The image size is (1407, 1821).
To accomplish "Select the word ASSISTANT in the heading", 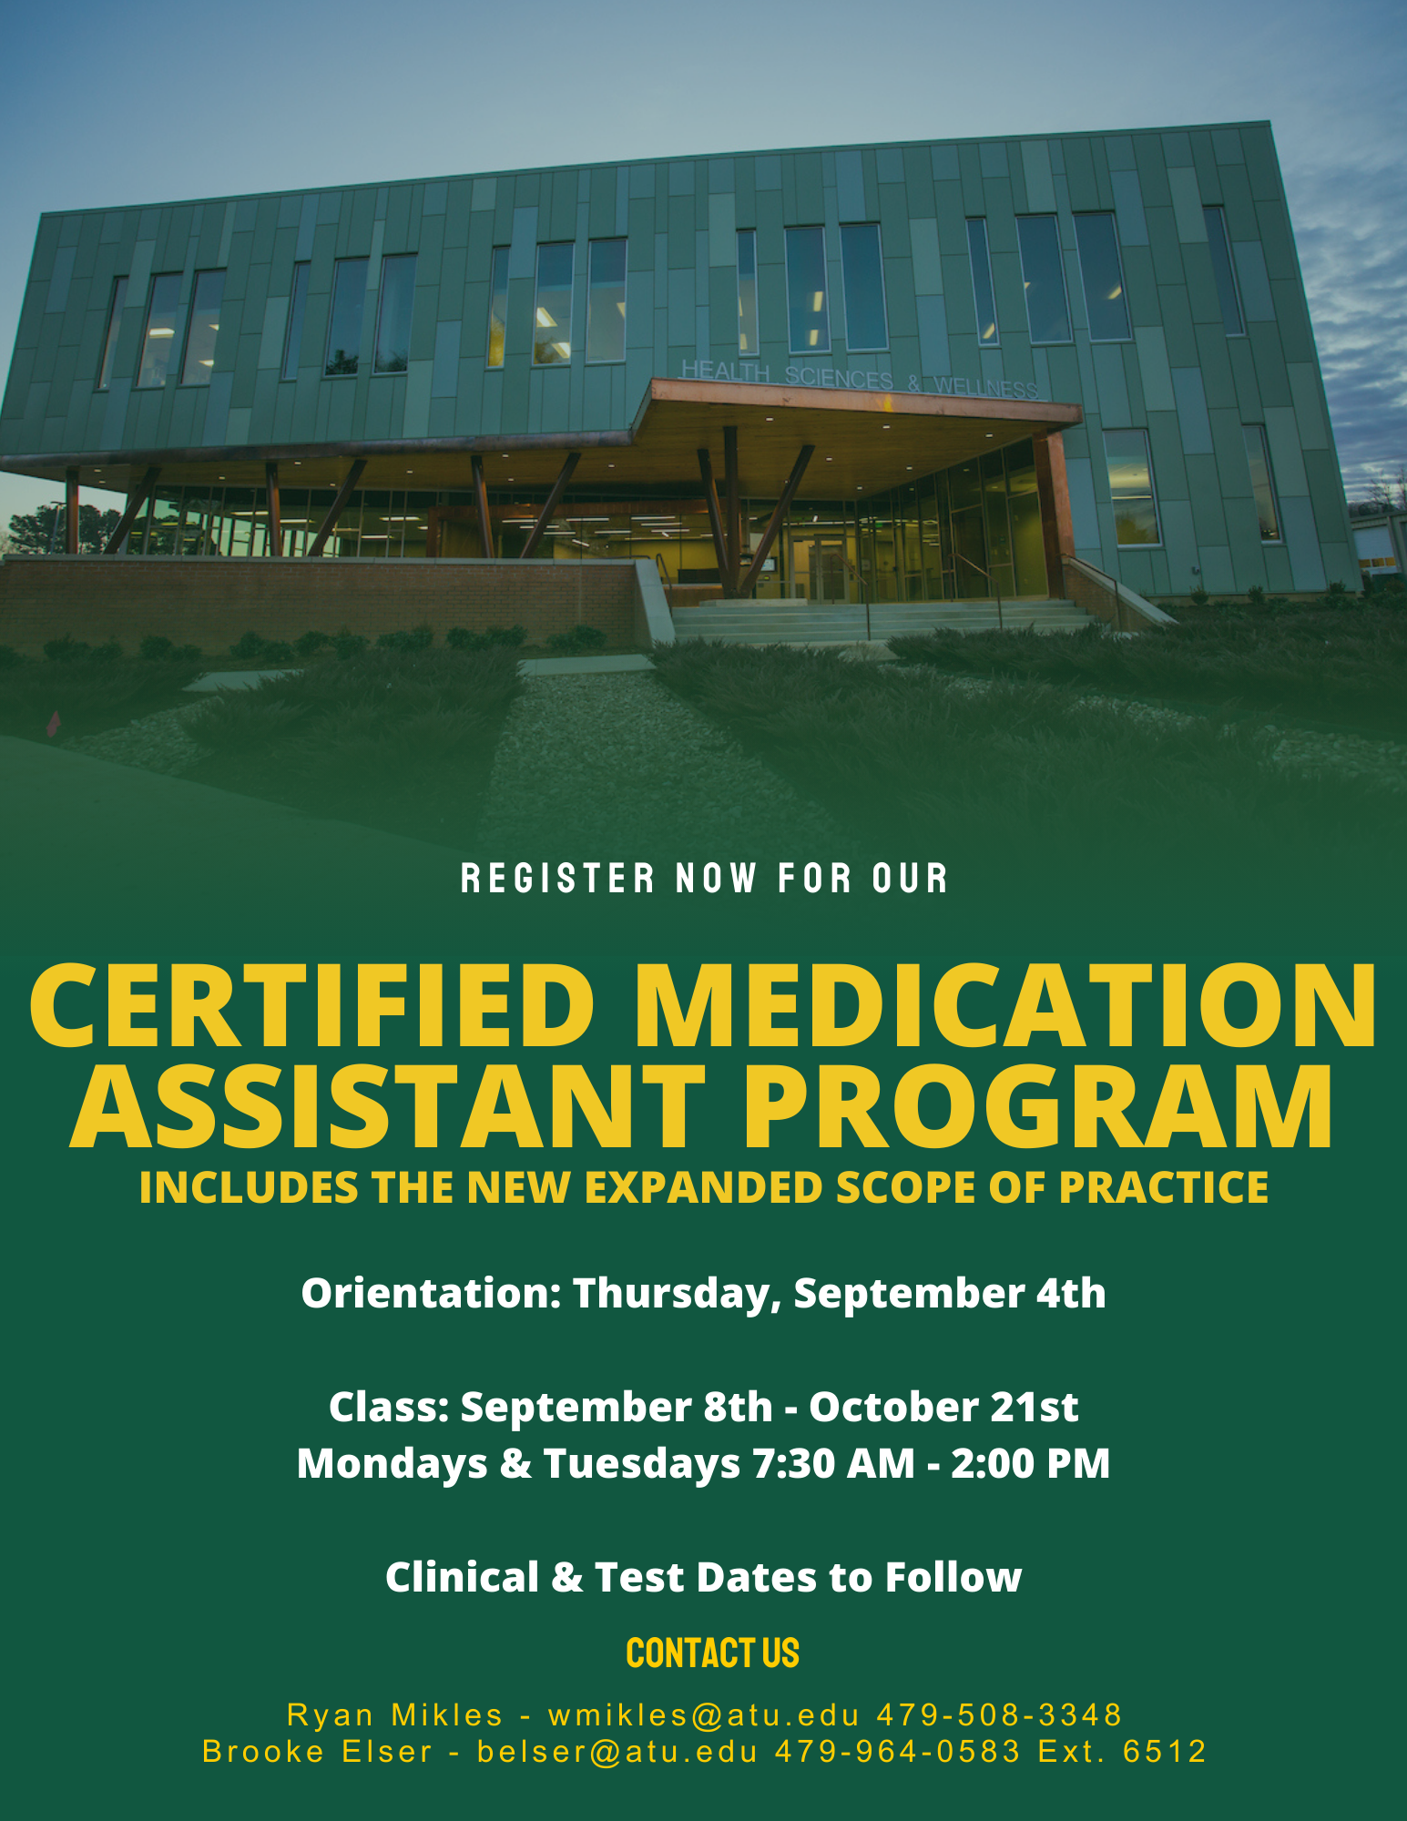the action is coord(388,1105).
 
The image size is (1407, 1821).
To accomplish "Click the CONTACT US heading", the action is coord(712,1653).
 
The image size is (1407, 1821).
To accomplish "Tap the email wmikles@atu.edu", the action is coord(704,1715).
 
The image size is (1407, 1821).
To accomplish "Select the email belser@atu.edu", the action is coord(617,1752).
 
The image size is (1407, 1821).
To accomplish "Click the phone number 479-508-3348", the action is coord(999,1715).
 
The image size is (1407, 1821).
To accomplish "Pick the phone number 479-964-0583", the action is coord(898,1752).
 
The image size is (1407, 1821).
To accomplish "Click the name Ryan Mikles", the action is coord(394,1715).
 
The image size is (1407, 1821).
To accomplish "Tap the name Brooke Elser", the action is coord(317,1752).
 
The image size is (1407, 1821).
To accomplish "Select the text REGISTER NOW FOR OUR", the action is coord(704,879).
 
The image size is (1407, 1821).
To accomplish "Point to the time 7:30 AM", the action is coord(833,1464).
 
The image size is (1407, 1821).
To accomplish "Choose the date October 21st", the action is coord(943,1407).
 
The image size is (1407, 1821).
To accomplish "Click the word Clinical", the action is coord(463,1577).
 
